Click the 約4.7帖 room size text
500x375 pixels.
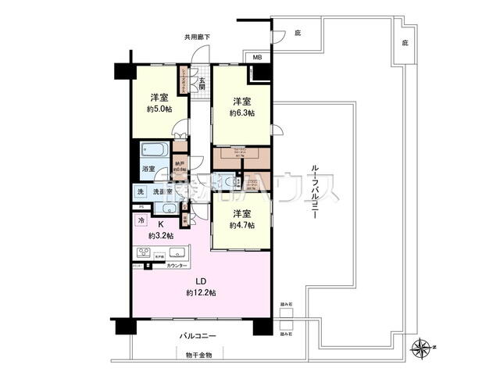[241, 225]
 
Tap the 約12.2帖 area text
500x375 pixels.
[201, 292]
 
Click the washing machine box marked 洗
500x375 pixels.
[141, 192]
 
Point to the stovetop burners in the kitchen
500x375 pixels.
[145, 252]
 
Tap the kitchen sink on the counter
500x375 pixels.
[176, 252]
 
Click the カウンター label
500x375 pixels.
[177, 266]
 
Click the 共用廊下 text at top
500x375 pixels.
[198, 37]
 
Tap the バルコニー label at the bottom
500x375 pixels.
[197, 336]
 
